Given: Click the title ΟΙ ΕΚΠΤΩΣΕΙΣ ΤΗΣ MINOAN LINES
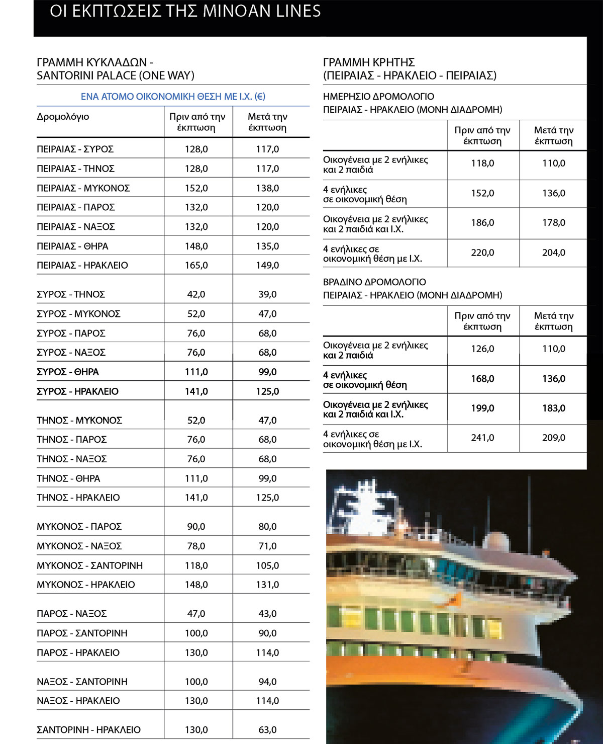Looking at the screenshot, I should [x=185, y=11].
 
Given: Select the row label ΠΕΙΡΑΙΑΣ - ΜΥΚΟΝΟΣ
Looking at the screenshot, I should [x=83, y=188].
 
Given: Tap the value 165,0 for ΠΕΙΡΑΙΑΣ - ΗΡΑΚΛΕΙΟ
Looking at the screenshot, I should [x=196, y=265].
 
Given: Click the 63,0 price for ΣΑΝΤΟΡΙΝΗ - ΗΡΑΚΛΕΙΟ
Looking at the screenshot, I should [x=267, y=729].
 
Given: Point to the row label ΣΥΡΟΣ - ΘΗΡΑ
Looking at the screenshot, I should [x=68, y=372].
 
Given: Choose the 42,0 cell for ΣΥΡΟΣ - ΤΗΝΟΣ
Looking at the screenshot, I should [x=196, y=294].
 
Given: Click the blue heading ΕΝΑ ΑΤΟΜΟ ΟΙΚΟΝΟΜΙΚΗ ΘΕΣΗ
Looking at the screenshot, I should [x=173, y=97].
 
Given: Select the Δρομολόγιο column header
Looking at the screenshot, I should [x=63, y=117].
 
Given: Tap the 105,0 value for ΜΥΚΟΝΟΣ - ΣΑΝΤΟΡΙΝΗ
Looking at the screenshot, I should [x=267, y=565].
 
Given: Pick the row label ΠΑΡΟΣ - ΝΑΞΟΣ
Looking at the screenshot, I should [x=72, y=614].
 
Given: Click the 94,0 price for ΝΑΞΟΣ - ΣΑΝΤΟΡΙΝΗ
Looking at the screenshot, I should [x=267, y=682].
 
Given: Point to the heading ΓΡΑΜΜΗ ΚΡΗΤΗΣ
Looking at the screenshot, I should [x=369, y=62].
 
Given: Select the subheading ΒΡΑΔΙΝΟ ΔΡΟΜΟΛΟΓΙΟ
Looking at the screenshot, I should [x=374, y=282].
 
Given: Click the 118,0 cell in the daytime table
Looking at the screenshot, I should [x=482, y=163].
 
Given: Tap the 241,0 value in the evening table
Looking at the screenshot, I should [x=482, y=438].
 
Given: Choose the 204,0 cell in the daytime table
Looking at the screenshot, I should [x=553, y=253].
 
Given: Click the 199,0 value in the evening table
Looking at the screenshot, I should [x=482, y=408].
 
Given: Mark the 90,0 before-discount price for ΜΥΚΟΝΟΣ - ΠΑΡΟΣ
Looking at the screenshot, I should [x=196, y=527].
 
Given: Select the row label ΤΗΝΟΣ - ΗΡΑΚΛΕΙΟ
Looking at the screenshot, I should [x=78, y=498].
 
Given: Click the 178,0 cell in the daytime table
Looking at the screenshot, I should [x=553, y=223].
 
